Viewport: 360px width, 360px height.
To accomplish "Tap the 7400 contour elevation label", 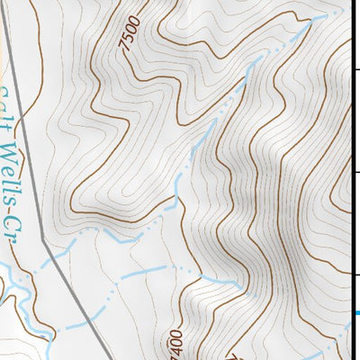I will coord(175,344).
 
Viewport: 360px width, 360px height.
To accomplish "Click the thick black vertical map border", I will coord(351,180).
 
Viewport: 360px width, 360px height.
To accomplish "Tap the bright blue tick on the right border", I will coord(355,312).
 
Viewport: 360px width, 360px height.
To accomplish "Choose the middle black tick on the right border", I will coord(355,171).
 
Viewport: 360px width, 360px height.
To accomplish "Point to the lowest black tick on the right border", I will coord(355,274).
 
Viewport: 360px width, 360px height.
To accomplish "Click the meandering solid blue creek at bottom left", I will coord(27,315).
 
